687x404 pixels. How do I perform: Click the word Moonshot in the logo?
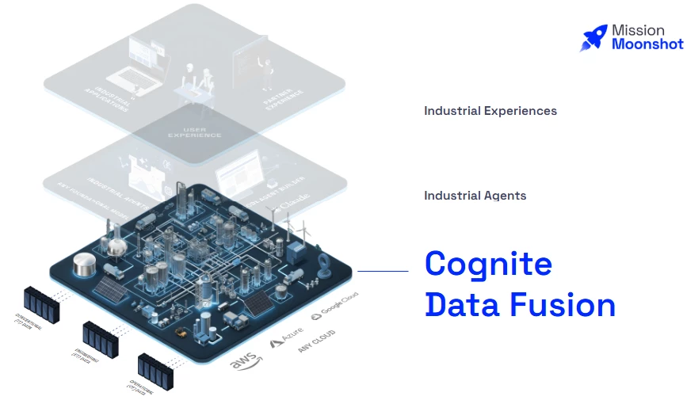click(x=647, y=44)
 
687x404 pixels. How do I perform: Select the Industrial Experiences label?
click(x=490, y=111)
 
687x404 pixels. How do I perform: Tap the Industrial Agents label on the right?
click(x=475, y=196)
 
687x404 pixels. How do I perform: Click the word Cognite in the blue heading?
click(x=488, y=263)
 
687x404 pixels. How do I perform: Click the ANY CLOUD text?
click(x=317, y=339)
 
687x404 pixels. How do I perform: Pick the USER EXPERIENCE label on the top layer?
click(x=194, y=132)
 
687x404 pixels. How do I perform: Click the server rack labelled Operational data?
click(x=155, y=368)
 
